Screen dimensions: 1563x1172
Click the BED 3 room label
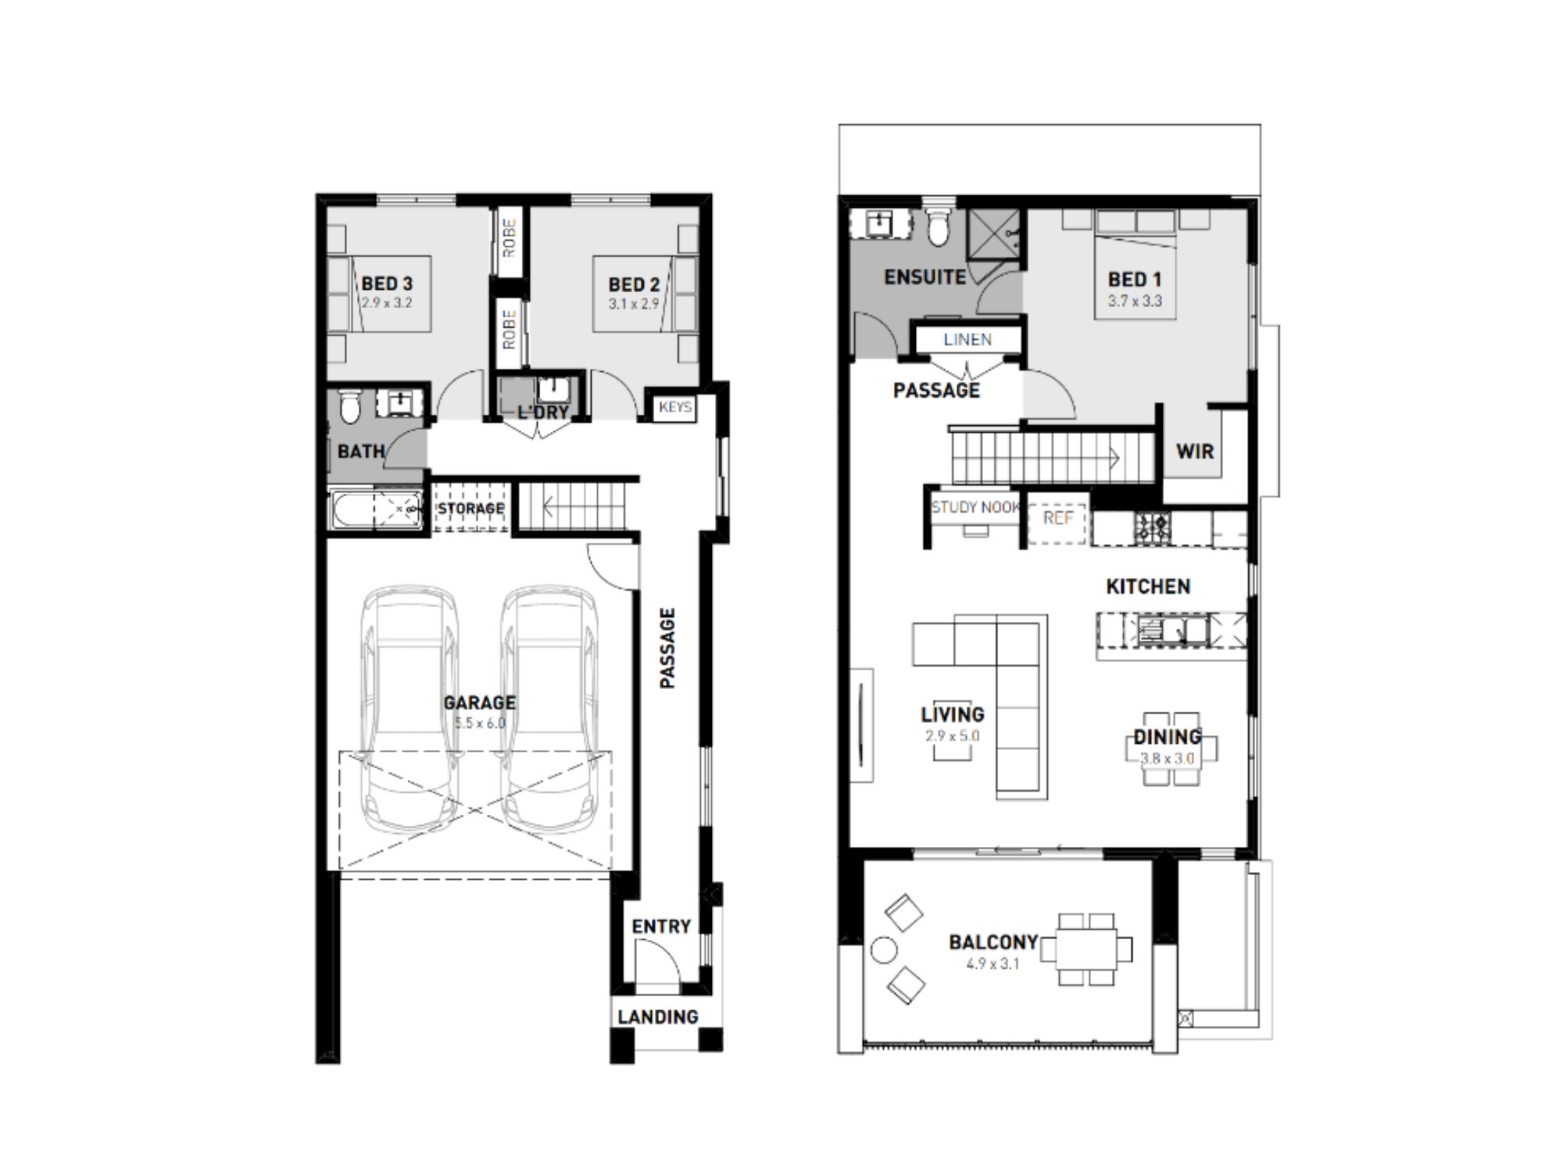coord(387,284)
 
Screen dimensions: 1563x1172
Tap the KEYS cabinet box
coord(674,407)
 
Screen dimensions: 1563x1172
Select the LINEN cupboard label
coord(967,340)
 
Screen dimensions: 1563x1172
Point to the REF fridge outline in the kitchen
coord(1057,518)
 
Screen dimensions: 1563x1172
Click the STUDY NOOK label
coord(976,507)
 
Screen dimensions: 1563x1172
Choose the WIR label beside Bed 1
coord(1195,451)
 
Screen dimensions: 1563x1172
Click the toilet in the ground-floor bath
coord(351,406)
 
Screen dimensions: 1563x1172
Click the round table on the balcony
coord(884,950)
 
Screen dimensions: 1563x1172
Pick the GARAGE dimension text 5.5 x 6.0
coord(480,724)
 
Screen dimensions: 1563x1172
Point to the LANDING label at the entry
coord(657,1017)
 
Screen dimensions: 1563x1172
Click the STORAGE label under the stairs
coord(470,509)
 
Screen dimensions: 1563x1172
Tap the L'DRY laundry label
coord(542,412)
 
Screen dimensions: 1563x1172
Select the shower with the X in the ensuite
coord(994,234)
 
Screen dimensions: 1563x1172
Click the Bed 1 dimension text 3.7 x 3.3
coord(1135,301)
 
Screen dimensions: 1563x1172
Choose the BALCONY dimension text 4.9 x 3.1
coord(993,964)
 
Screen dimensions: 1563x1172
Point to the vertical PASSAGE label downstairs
coord(667,649)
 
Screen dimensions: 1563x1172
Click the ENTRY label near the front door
coord(661,927)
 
